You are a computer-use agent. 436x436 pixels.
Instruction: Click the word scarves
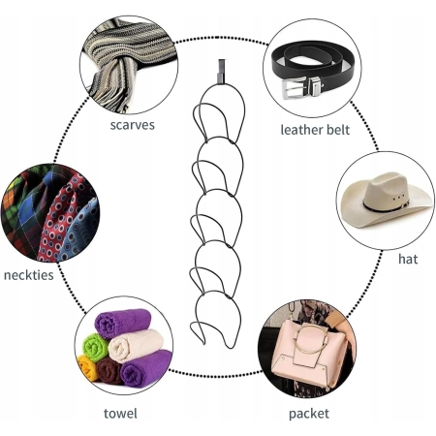click(132, 125)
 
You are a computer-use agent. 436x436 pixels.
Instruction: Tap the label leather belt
click(315, 130)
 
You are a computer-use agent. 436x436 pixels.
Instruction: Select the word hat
click(408, 259)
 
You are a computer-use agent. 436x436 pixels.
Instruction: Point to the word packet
click(309, 414)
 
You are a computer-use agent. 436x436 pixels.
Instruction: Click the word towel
click(120, 414)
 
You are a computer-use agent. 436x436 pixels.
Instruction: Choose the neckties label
click(29, 275)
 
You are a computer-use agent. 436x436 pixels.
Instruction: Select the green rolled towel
click(95, 347)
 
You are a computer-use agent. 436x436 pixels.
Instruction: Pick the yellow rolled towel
click(87, 367)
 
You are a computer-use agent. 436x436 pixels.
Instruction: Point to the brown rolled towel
click(109, 370)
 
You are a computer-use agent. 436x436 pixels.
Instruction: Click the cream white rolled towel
click(136, 345)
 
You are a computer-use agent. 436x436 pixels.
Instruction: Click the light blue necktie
click(79, 233)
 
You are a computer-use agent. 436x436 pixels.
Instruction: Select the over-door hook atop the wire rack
click(221, 71)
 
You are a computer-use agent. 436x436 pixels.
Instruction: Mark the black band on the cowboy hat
click(385, 206)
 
